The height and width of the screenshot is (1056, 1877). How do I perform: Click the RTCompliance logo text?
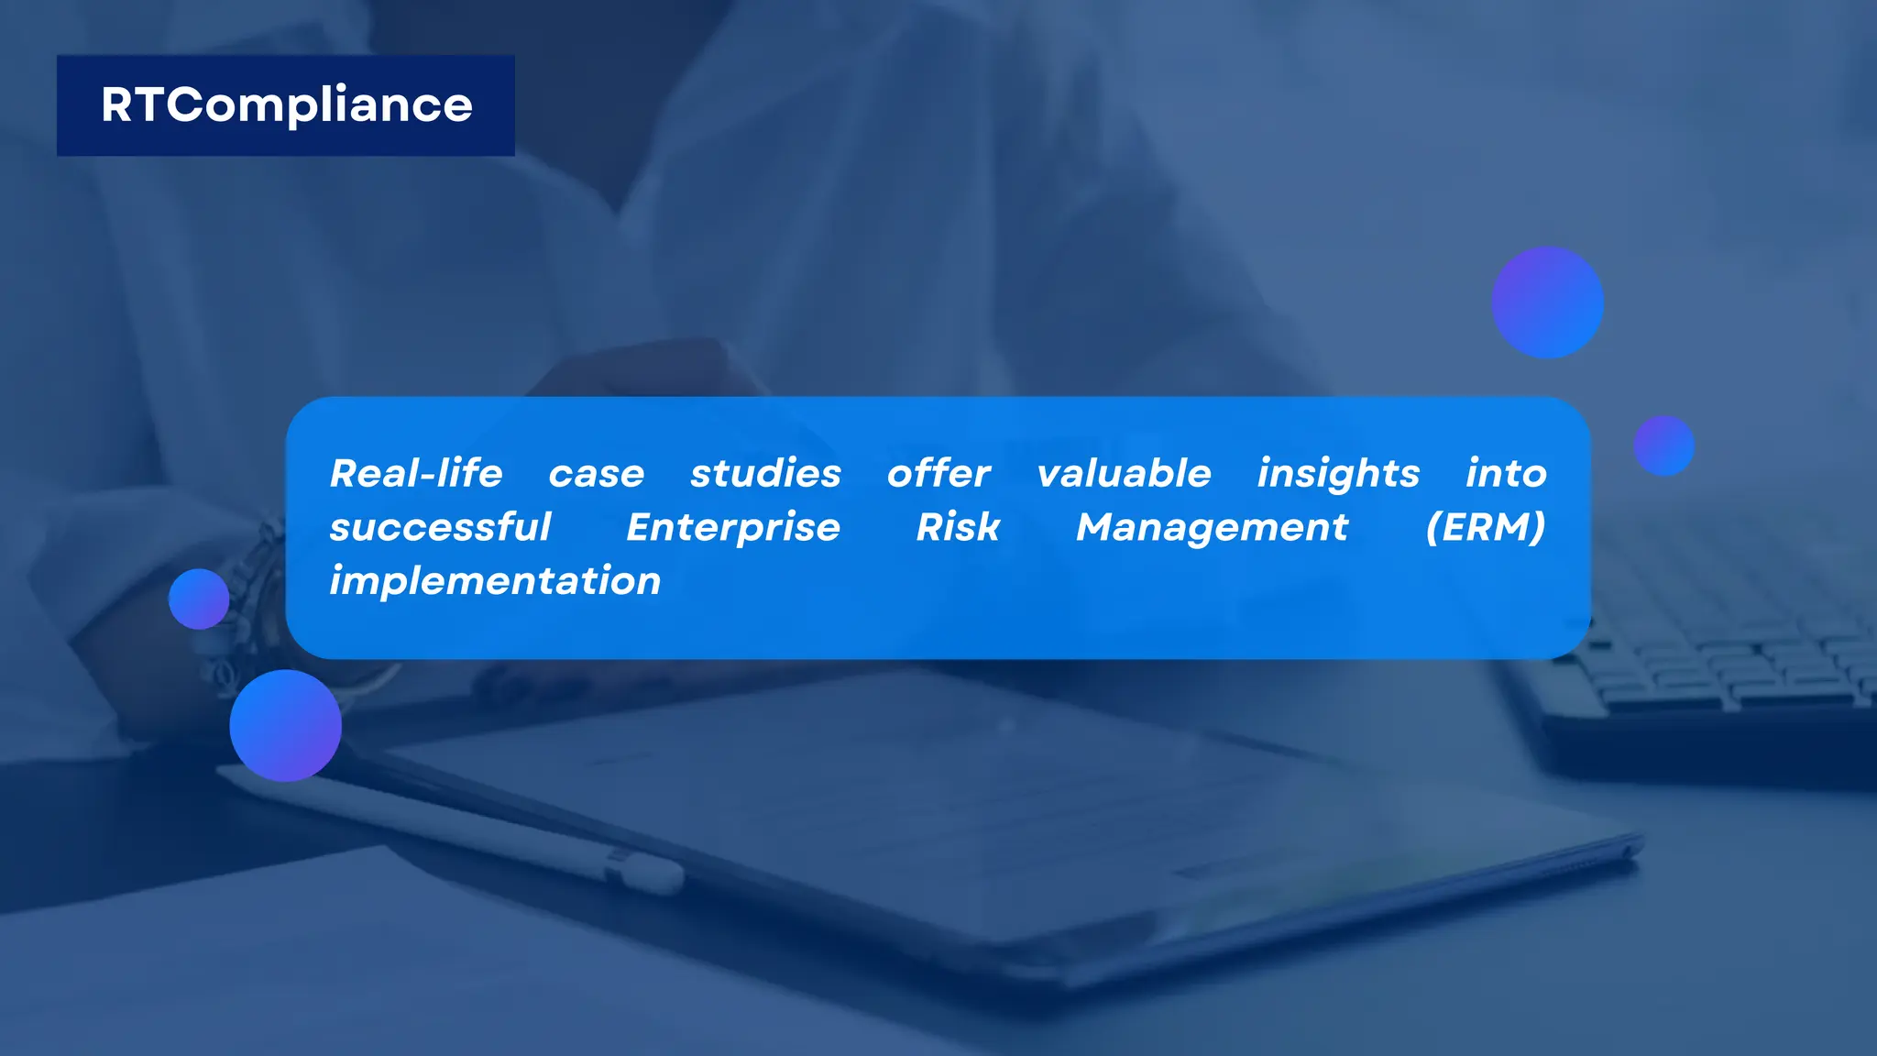click(286, 105)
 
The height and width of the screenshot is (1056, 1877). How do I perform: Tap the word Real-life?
click(416, 474)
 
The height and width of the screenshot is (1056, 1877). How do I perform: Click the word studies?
click(765, 474)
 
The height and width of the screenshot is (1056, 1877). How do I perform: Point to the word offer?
click(938, 474)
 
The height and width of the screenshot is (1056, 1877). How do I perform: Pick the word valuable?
click(1124, 474)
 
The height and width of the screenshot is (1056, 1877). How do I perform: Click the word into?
click(1506, 474)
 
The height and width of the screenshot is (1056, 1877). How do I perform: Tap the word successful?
click(440, 528)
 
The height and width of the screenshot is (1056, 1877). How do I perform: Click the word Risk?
click(958, 527)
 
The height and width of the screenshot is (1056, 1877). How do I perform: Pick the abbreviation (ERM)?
click(1486, 527)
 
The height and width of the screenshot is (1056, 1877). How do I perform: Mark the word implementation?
click(495, 581)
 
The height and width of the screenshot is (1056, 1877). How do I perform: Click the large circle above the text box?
click(1547, 302)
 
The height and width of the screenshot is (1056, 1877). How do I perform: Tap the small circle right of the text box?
click(1663, 446)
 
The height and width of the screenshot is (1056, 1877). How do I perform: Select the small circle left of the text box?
click(199, 599)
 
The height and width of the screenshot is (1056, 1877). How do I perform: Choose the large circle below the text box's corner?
click(285, 726)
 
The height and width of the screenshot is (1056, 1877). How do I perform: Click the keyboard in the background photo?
click(1723, 669)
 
